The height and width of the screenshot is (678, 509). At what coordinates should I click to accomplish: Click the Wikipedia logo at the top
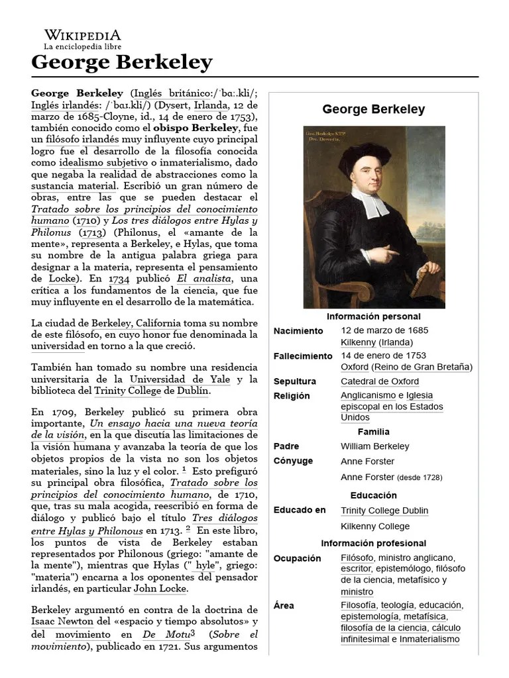point(82,39)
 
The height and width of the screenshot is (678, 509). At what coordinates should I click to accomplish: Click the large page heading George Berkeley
point(121,63)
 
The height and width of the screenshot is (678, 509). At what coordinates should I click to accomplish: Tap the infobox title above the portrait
point(373,109)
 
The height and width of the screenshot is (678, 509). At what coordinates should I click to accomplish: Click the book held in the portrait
point(425,281)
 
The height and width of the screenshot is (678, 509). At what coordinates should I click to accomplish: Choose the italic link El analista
point(199,279)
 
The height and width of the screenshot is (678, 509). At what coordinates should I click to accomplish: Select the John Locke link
point(160,588)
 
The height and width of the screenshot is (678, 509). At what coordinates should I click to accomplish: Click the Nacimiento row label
point(298,330)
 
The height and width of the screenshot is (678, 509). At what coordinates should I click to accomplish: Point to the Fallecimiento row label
point(303,356)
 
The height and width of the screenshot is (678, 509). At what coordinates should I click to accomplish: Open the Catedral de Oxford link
point(380,381)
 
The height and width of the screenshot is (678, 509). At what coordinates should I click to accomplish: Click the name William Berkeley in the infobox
point(375,446)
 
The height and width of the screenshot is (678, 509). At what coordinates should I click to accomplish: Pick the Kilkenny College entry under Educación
point(375,526)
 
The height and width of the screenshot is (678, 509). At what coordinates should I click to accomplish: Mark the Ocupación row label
point(297,558)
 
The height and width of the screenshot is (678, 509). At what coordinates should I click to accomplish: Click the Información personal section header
point(373,316)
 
